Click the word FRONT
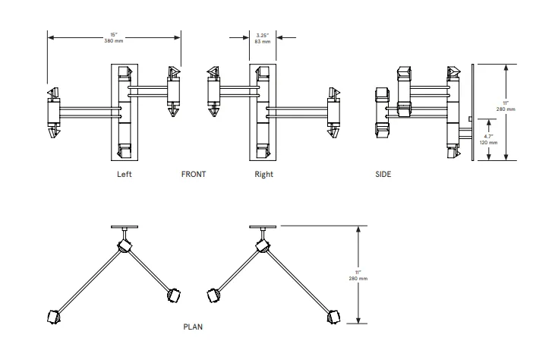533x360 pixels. (x=194, y=174)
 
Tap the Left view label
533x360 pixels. (x=125, y=174)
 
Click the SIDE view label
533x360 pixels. (x=383, y=174)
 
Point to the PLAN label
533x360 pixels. (x=193, y=327)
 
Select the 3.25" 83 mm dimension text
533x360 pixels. (x=263, y=38)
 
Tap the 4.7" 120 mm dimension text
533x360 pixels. (x=490, y=139)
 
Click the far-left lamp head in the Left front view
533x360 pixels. (x=53, y=114)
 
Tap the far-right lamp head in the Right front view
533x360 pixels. (x=333, y=114)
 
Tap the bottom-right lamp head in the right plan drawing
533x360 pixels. (x=331, y=317)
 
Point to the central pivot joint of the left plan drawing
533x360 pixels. (x=123, y=247)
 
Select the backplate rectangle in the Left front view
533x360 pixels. (x=125, y=114)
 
